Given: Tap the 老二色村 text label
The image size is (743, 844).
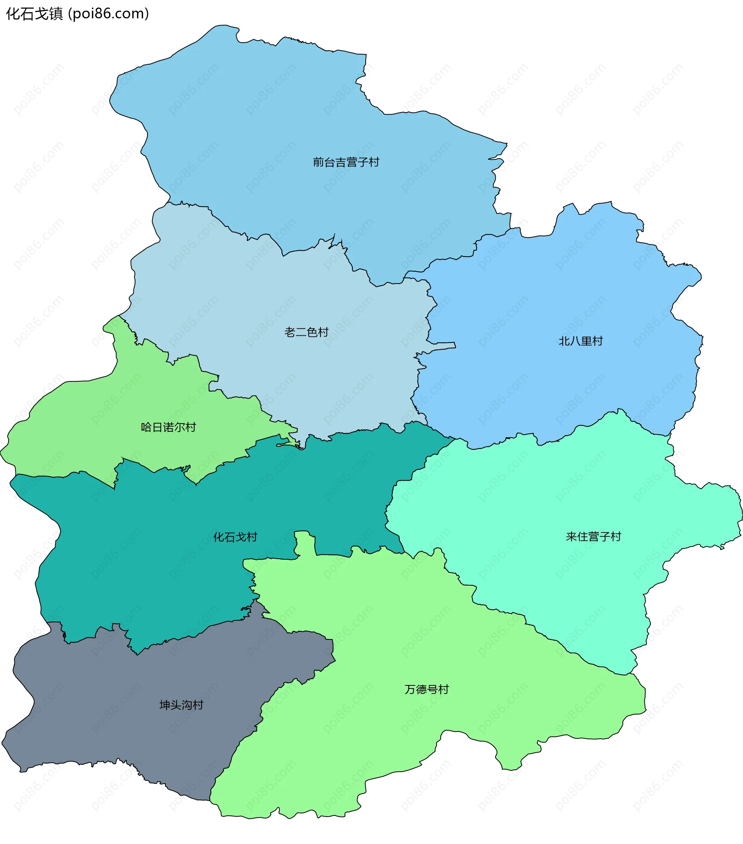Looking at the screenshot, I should point(306,332).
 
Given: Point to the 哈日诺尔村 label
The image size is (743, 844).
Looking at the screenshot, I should point(168,427).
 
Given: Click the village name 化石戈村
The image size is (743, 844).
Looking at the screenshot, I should point(235,537).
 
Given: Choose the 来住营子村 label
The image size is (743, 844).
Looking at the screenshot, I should point(593,536).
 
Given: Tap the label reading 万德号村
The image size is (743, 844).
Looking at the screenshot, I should point(426,689).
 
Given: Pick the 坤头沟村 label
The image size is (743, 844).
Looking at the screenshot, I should point(181,705).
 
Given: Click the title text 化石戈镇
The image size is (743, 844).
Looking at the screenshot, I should point(34,14).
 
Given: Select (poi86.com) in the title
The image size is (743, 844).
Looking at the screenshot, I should point(109,14).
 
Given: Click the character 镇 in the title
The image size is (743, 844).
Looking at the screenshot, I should point(56,14).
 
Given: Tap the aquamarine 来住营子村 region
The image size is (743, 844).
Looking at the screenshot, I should point(558,495).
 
